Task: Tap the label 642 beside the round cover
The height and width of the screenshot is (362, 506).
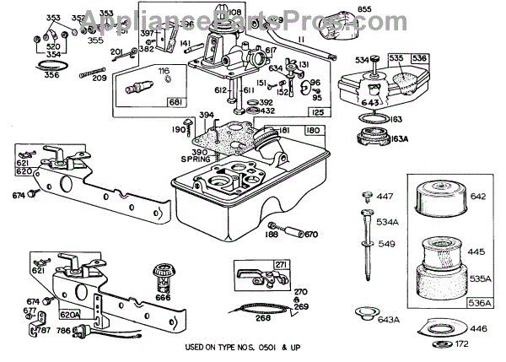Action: coord(479,197)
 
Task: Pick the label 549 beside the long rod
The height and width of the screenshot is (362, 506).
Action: coord(387,243)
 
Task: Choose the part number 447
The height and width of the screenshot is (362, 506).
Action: coord(385,196)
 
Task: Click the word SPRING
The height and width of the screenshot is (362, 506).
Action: coord(195,158)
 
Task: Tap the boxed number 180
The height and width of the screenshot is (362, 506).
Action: coord(311,131)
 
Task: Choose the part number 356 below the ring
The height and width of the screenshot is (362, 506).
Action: coord(51,74)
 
